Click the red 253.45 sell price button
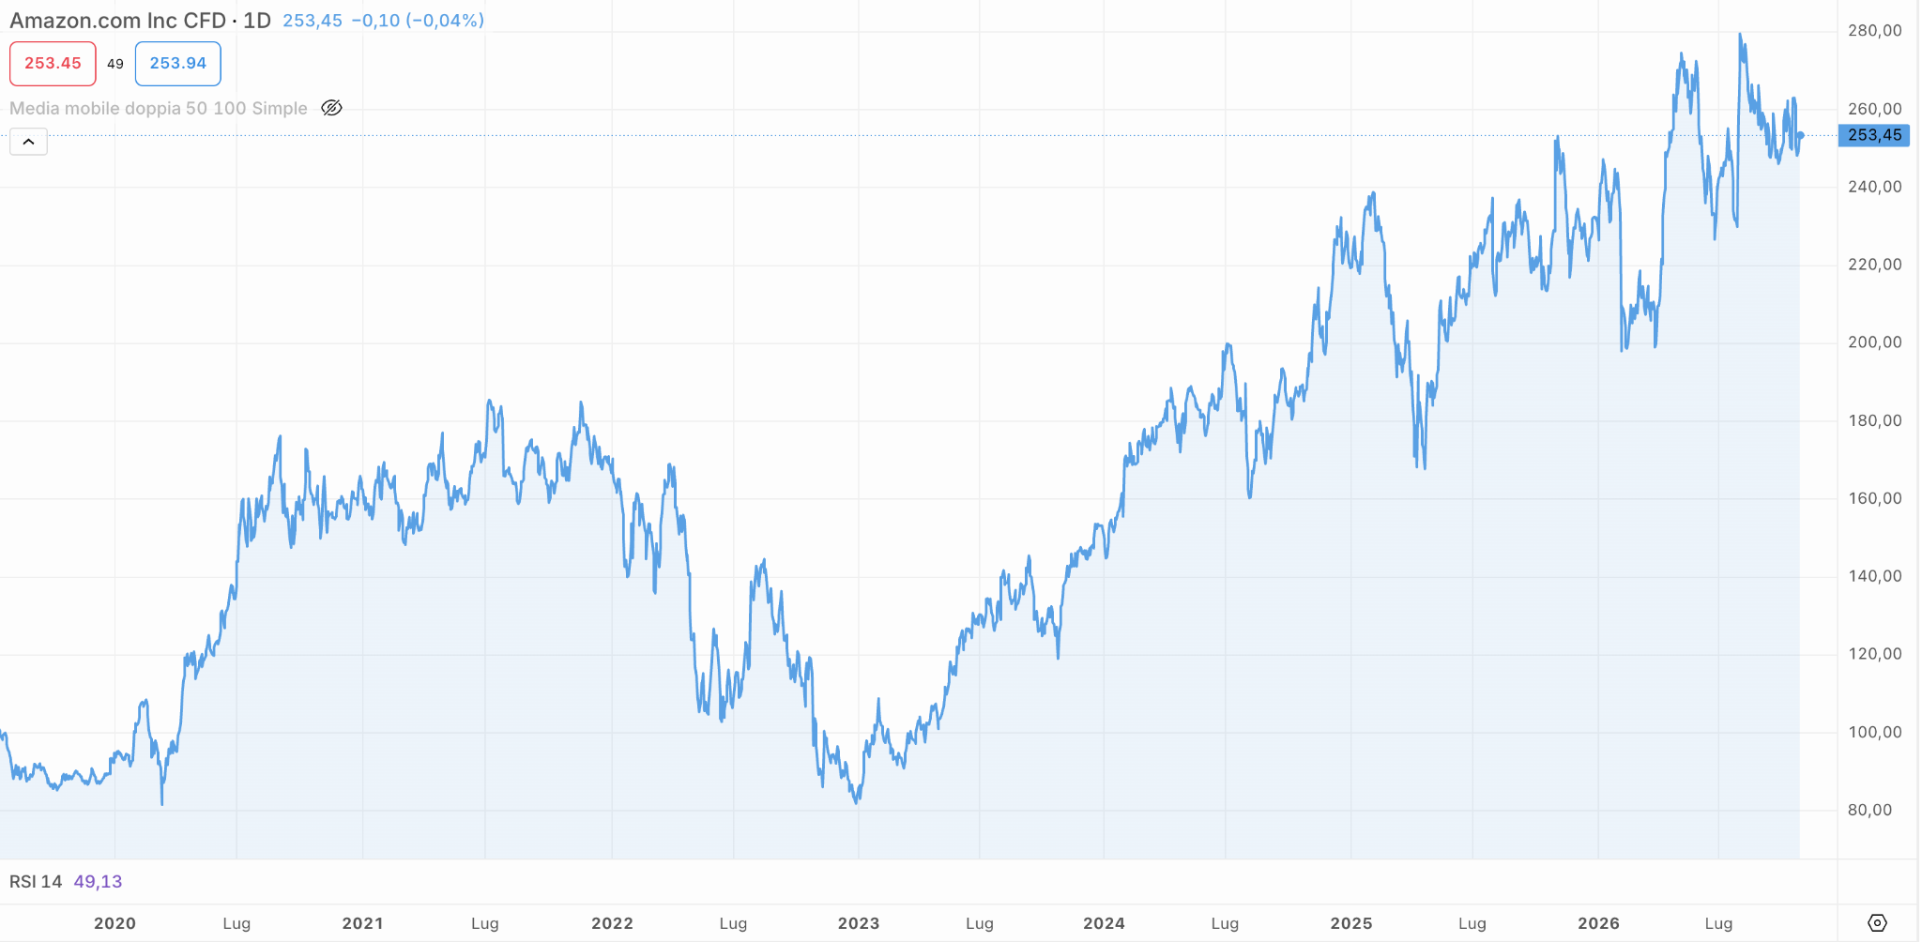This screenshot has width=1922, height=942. (x=53, y=64)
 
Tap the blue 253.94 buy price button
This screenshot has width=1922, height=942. (x=178, y=64)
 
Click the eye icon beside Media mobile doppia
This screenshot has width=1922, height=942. (x=331, y=108)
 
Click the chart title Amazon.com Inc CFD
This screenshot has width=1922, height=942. (x=117, y=21)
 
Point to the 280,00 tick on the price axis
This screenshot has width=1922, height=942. (x=1874, y=31)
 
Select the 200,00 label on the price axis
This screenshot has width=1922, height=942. (x=1874, y=342)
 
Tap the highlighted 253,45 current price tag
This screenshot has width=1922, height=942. (x=1874, y=135)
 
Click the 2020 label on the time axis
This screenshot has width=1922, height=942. (x=114, y=923)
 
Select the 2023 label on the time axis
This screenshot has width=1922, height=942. (x=859, y=923)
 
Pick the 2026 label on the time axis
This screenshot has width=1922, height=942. (x=1598, y=923)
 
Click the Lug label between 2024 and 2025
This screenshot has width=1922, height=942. (x=1225, y=923)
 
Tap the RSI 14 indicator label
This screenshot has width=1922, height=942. (x=36, y=882)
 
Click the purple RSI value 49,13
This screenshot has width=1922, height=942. (x=98, y=882)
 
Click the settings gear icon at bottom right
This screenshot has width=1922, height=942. (x=1877, y=923)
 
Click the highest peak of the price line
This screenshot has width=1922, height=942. (x=1740, y=35)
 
